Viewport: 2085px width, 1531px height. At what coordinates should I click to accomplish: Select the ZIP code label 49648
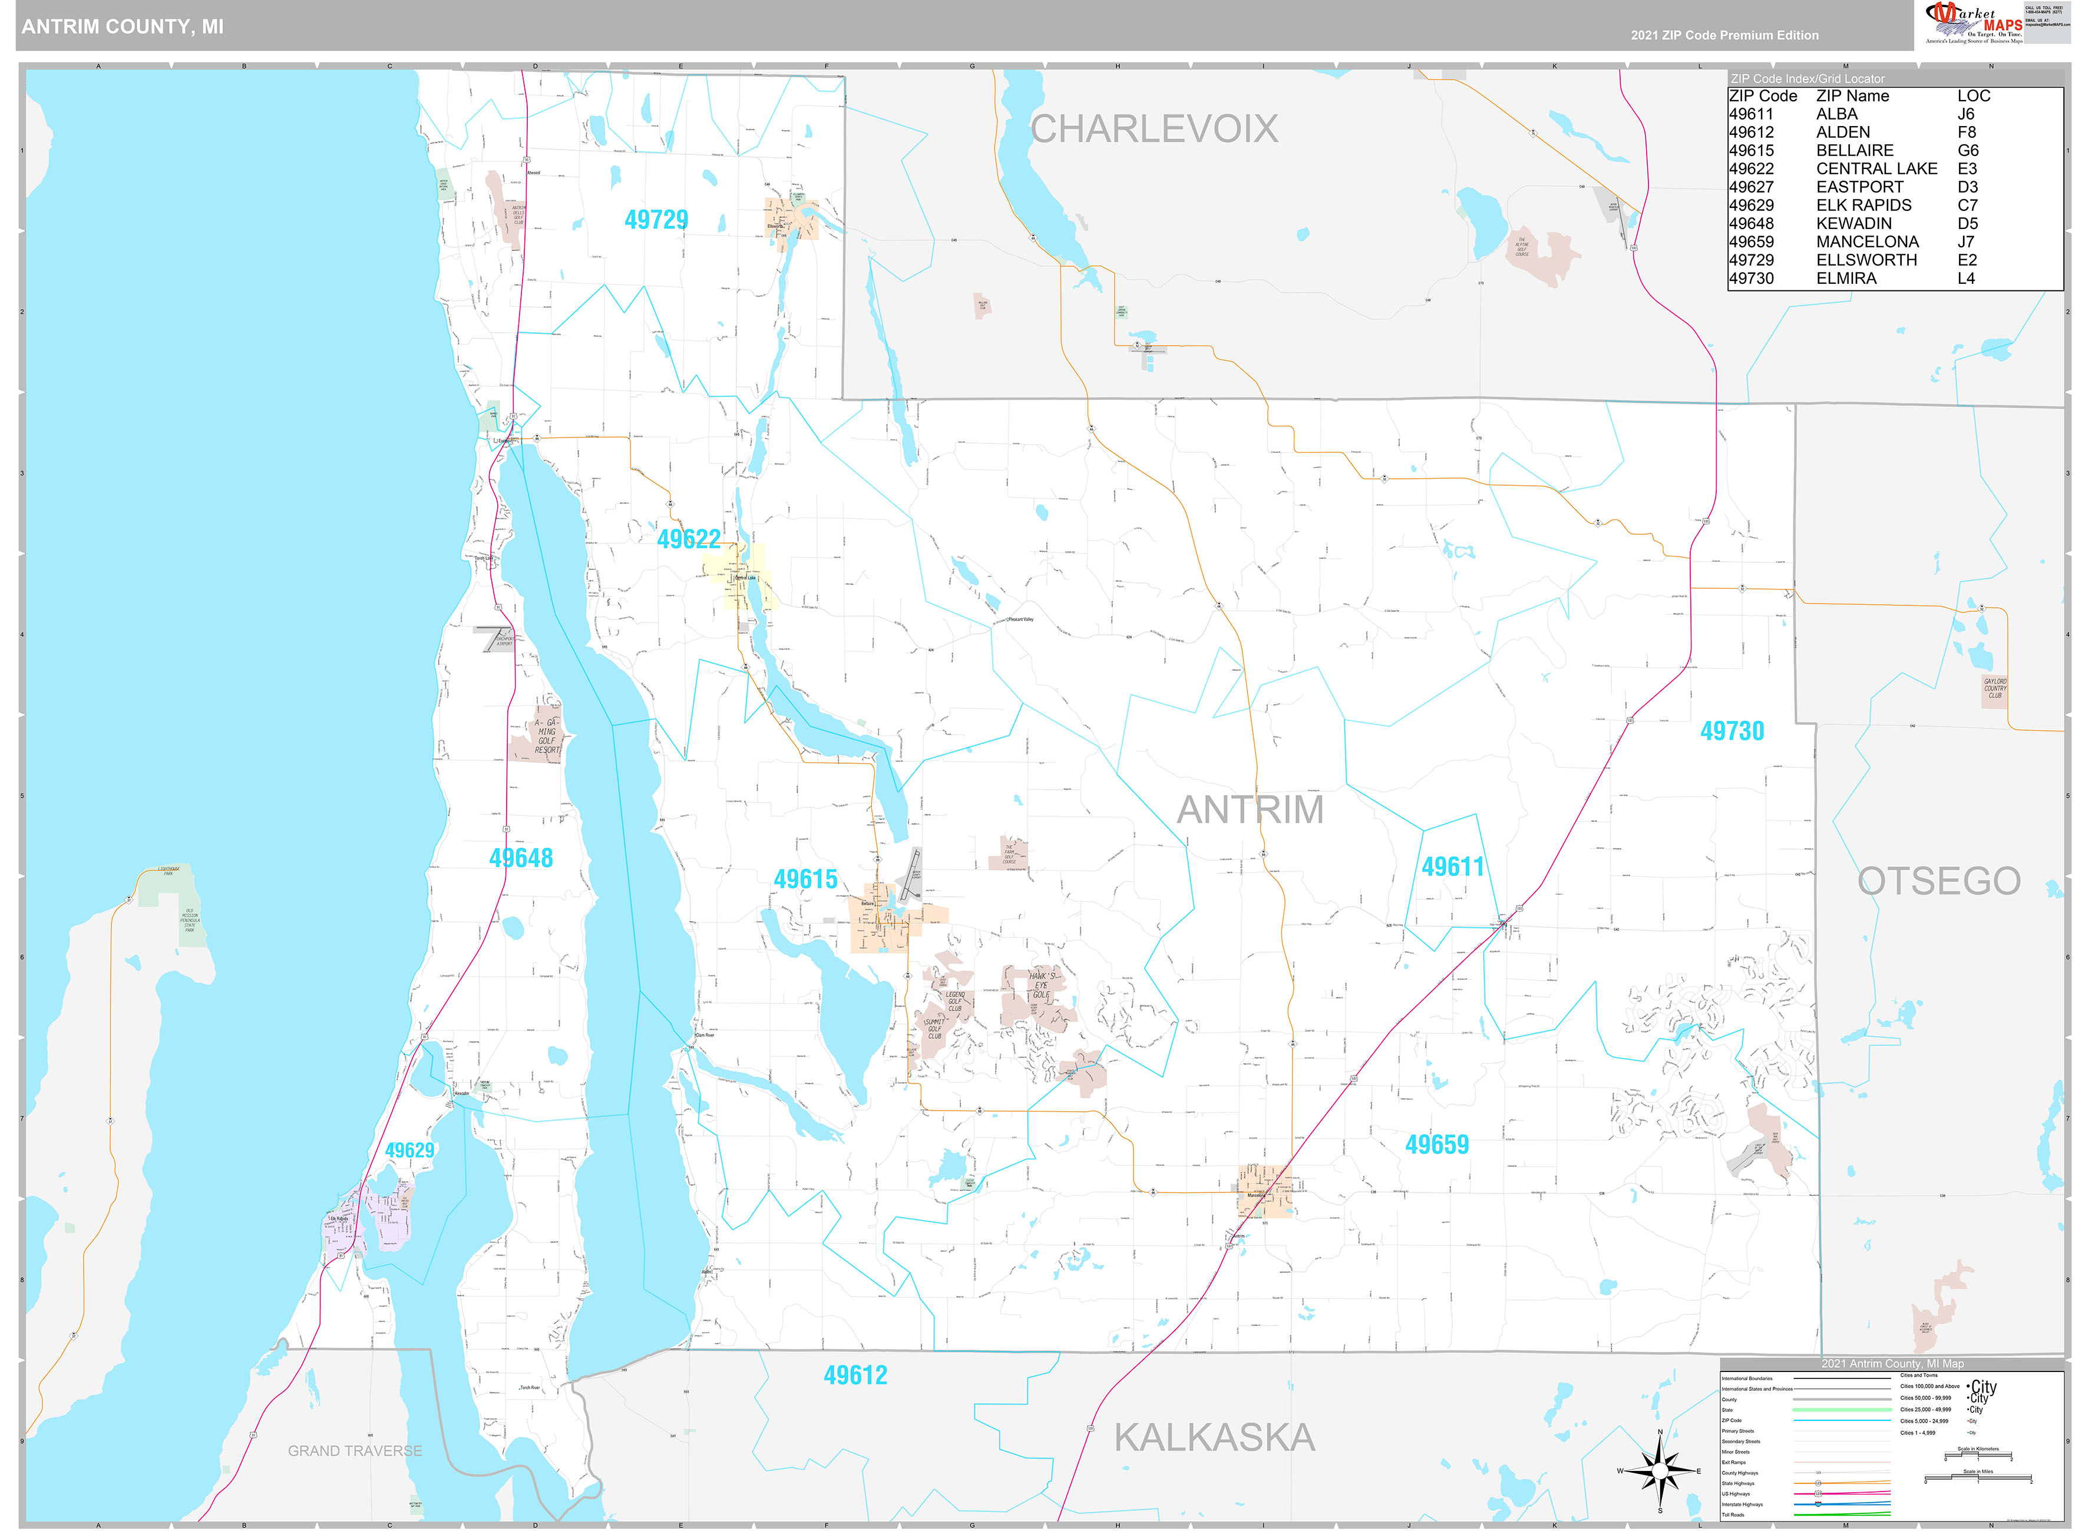[520, 857]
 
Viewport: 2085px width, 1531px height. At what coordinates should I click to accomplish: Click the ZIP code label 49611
[1453, 867]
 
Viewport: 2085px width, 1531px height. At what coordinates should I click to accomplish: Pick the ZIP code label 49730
[1731, 731]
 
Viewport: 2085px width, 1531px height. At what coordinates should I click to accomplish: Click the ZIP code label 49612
[855, 1376]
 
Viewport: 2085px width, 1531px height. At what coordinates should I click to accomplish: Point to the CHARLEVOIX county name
[1154, 129]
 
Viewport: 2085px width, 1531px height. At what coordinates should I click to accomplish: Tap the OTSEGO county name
[1938, 880]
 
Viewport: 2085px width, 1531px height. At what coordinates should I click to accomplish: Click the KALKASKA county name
[1214, 1437]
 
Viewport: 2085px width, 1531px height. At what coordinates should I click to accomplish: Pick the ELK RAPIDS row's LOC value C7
[1967, 206]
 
